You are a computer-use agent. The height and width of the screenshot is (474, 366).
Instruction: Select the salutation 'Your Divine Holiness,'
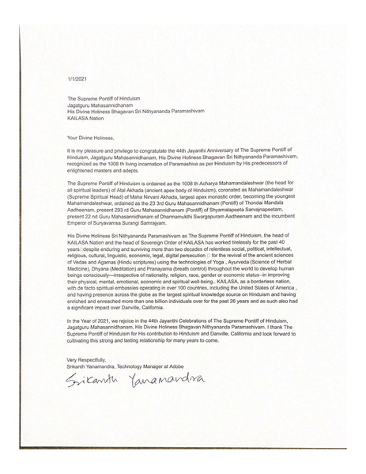(x=93, y=137)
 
